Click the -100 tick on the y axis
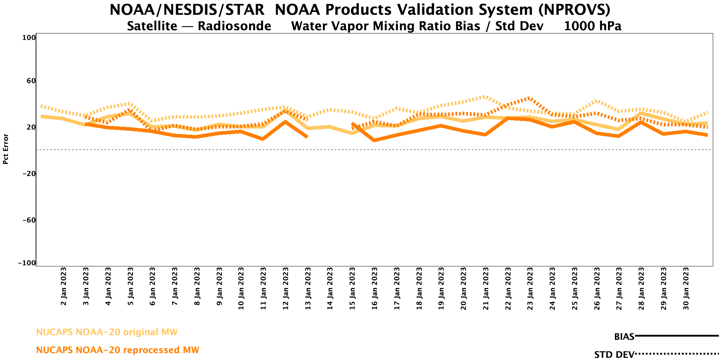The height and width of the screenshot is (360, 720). click(x=27, y=263)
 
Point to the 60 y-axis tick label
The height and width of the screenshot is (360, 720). click(x=31, y=81)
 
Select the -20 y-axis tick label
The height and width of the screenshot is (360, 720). click(x=28, y=174)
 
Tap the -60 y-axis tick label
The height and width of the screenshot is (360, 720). click(x=28, y=220)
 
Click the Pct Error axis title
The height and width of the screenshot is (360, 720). click(x=5, y=149)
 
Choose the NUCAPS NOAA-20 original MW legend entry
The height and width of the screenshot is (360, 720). click(x=107, y=332)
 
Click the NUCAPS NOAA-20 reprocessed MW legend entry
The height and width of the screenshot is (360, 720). click(x=118, y=350)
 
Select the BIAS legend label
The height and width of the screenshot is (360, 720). click(x=624, y=337)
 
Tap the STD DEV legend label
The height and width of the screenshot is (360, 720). click(x=614, y=355)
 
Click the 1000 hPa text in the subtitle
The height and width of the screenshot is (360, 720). click(x=593, y=26)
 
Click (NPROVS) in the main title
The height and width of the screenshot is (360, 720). click(x=574, y=10)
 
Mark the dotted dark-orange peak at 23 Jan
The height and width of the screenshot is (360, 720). click(x=528, y=98)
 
